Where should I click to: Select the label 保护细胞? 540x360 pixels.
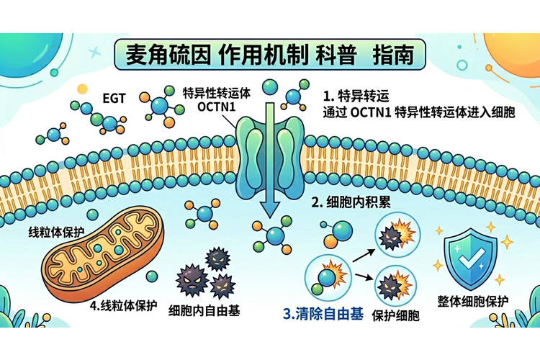click(x=396, y=315)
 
